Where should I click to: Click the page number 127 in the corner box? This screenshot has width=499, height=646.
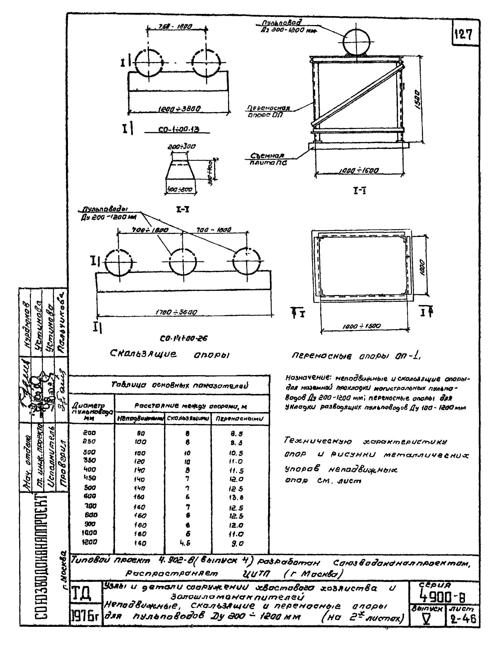pyautogui.click(x=463, y=35)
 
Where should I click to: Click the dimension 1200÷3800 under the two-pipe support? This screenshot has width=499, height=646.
pyautogui.click(x=179, y=109)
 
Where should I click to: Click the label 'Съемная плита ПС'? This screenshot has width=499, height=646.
pyautogui.click(x=267, y=159)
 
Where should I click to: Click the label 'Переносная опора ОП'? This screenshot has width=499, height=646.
pyautogui.click(x=268, y=111)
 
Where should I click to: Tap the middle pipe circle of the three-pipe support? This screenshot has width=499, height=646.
pyautogui.click(x=183, y=262)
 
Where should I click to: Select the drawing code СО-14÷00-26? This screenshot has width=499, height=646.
pyautogui.click(x=184, y=338)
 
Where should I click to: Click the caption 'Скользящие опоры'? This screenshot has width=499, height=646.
pyautogui.click(x=170, y=354)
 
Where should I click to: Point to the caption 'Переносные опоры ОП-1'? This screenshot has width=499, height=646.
pyautogui.click(x=356, y=356)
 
